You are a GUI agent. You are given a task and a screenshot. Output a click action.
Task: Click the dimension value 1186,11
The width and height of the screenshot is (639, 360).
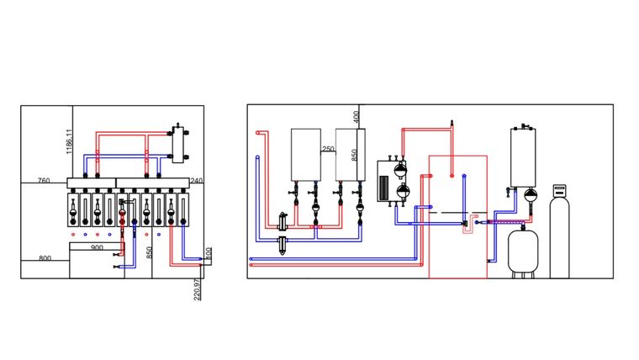69,141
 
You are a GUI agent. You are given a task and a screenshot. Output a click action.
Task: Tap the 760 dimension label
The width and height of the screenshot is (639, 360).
44,180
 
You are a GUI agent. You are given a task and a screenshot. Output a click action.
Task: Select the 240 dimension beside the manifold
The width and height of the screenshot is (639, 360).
197,181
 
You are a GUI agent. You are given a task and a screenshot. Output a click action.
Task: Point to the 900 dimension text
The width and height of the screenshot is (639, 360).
97,247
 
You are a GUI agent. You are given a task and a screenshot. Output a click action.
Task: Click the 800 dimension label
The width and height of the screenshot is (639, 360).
45,258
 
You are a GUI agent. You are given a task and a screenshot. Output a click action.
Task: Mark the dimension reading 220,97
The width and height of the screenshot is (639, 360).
198,289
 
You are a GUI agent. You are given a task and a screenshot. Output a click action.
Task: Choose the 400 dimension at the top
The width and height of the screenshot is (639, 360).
356,117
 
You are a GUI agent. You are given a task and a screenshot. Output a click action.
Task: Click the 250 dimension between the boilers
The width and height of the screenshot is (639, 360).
328,149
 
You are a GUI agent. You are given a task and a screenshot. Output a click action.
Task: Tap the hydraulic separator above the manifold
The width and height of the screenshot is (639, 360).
178,144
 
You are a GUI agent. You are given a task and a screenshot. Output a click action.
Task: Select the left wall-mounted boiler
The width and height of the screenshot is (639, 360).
306,155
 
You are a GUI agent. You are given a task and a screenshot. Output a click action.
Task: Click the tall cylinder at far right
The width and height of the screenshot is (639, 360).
559,236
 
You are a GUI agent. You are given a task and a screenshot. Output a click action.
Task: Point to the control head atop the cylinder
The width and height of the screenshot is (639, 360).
559,189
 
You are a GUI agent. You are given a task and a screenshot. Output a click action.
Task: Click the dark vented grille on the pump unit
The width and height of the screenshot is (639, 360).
384,187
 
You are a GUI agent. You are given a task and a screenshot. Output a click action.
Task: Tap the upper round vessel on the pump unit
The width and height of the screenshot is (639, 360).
400,168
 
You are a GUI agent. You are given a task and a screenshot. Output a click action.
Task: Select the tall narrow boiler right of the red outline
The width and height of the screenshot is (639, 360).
523,158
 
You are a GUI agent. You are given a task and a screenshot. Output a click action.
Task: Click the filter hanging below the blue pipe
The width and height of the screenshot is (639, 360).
283,246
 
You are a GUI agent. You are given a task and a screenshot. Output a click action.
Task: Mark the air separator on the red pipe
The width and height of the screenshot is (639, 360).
283,221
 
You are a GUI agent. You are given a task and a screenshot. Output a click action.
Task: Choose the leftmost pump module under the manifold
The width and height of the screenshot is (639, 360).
73,210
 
